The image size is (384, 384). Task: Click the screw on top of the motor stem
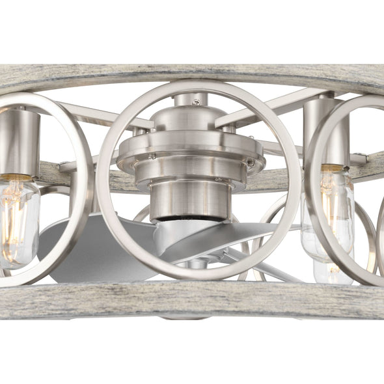coord(196,102)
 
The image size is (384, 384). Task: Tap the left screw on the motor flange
coord(152,156)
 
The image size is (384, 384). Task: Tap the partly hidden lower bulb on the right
coord(332,270)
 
